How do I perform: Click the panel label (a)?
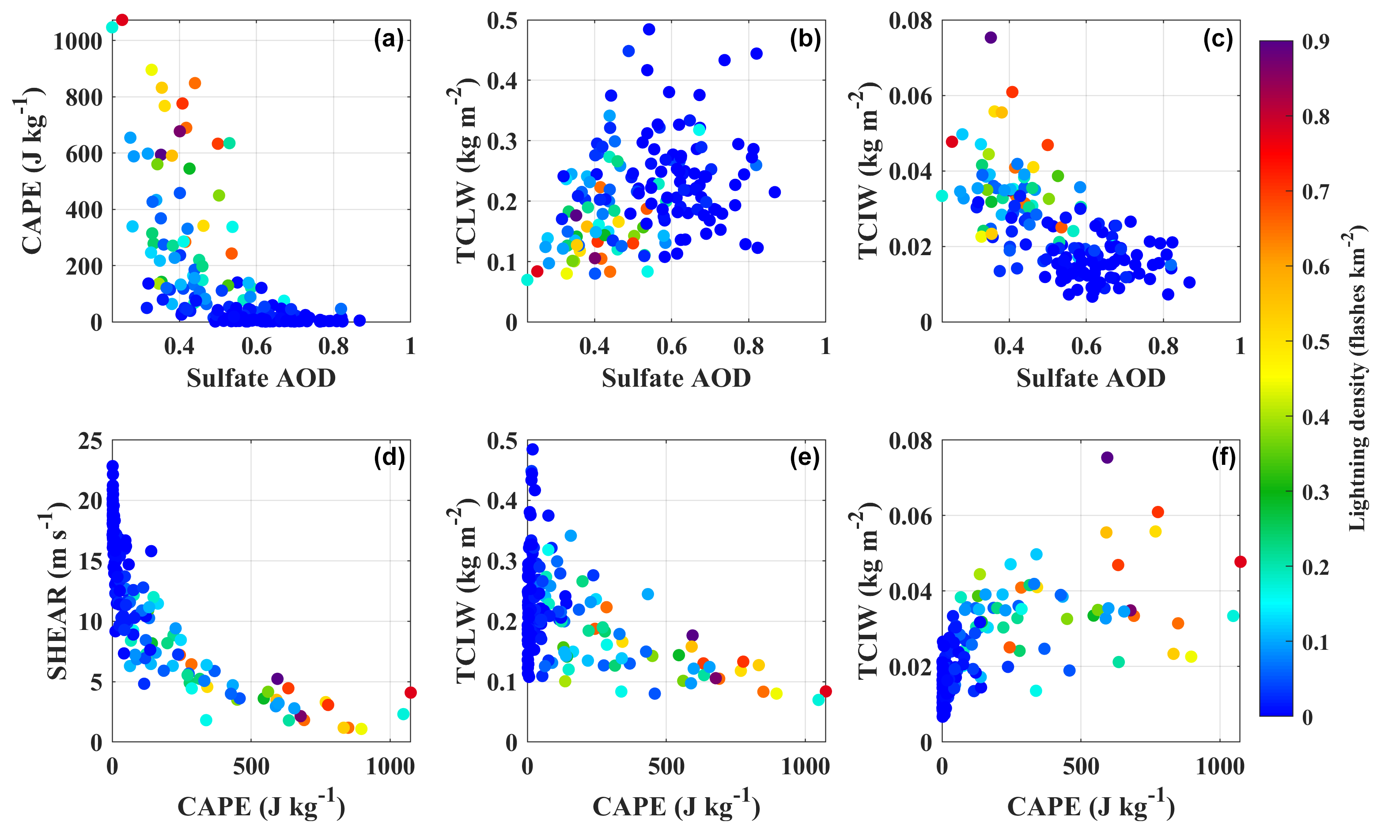pos(388,40)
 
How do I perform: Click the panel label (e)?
pos(804,458)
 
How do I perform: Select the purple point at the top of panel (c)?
pos(990,38)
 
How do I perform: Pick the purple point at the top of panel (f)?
pos(1106,458)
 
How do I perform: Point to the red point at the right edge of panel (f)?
pos(1240,562)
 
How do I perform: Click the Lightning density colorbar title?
pos(1356,378)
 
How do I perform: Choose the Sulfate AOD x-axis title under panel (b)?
pos(676,378)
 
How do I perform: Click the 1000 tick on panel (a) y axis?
pos(78,41)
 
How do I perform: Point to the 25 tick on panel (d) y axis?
pos(90,441)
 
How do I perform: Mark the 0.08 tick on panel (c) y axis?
pos(910,21)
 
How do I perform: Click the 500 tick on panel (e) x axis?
pos(666,766)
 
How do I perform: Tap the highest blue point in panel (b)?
pos(648,29)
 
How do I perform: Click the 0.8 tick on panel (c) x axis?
pos(1163,346)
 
